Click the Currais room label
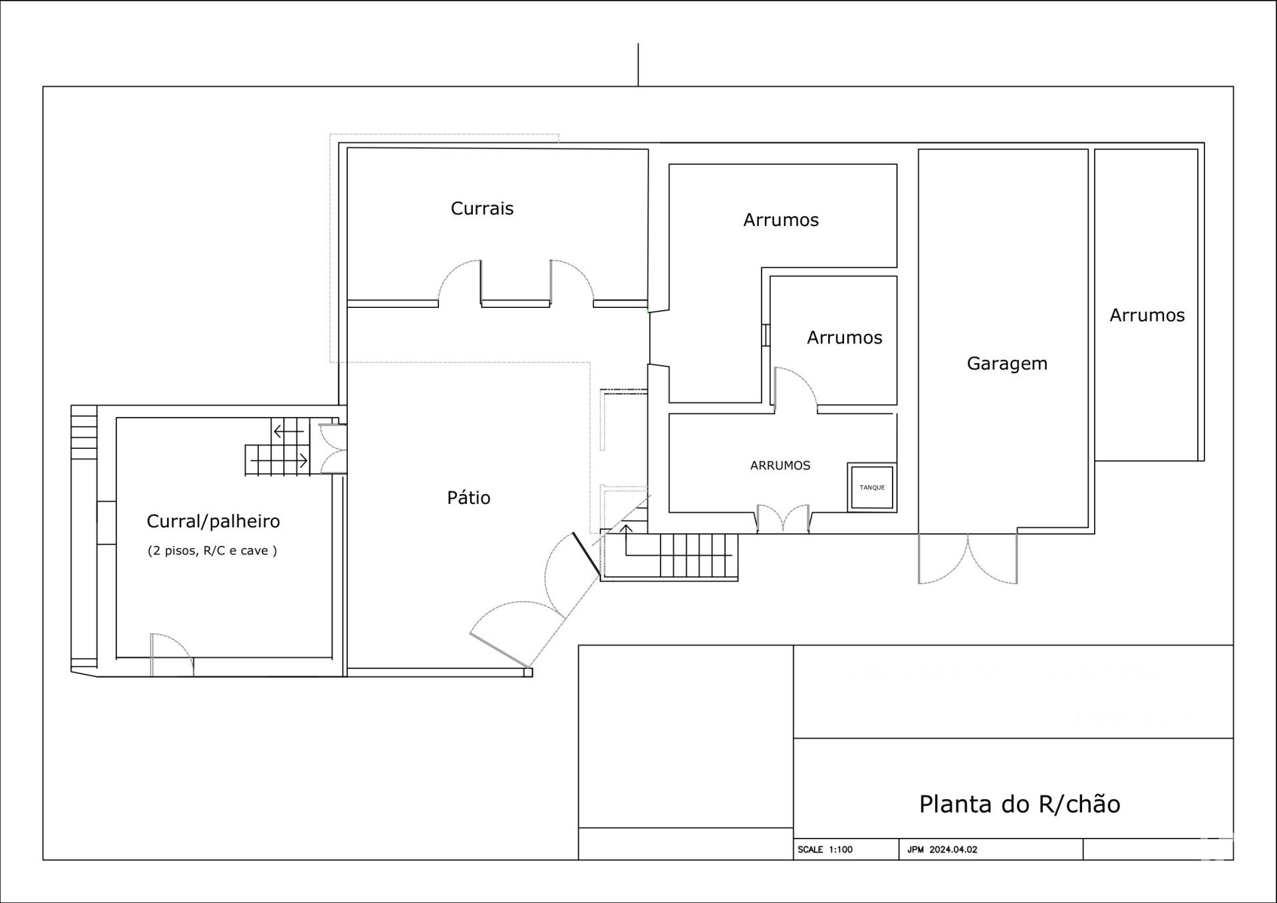pos(482,208)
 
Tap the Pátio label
pos(468,497)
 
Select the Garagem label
pos(1007,364)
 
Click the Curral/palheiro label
pos(213,521)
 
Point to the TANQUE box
pos(872,487)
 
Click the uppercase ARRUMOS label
pos(780,465)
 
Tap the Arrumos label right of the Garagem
pos(1147,315)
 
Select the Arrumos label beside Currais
pos(781,220)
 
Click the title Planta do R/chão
pos(1020,804)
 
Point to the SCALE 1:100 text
pos(825,849)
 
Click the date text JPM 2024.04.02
pos(942,849)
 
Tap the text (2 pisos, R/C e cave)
pos(212,551)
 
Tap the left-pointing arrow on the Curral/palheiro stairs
pos(288,432)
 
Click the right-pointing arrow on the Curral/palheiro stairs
pos(279,460)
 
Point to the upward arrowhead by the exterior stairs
pos(626,529)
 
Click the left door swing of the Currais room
pos(459,283)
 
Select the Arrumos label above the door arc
pos(844,338)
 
